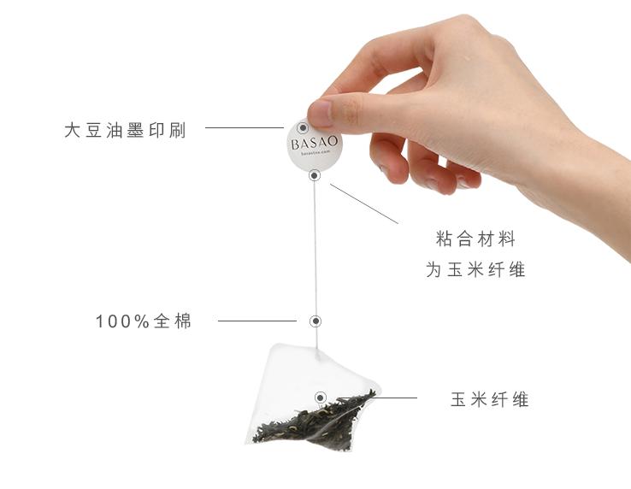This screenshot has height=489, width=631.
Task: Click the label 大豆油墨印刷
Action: (x=124, y=131)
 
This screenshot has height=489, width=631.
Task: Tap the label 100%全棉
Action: (x=144, y=321)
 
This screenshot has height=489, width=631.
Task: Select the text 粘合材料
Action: (x=475, y=239)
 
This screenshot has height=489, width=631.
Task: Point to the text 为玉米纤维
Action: (x=475, y=269)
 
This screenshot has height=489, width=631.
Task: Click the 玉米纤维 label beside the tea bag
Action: (x=490, y=399)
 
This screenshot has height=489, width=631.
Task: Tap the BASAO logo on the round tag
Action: (x=314, y=143)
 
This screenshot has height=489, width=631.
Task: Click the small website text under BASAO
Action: (x=314, y=156)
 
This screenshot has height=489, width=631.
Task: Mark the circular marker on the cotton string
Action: (x=315, y=321)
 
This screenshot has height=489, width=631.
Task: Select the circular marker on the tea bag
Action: (x=321, y=397)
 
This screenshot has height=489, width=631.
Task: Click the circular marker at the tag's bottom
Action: (x=315, y=175)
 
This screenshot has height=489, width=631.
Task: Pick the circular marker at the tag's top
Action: (x=302, y=128)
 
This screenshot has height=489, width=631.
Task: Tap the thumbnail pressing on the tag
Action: (x=320, y=113)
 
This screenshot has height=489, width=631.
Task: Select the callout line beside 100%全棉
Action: (x=257, y=321)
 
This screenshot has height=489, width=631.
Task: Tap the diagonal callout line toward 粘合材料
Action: (x=364, y=203)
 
